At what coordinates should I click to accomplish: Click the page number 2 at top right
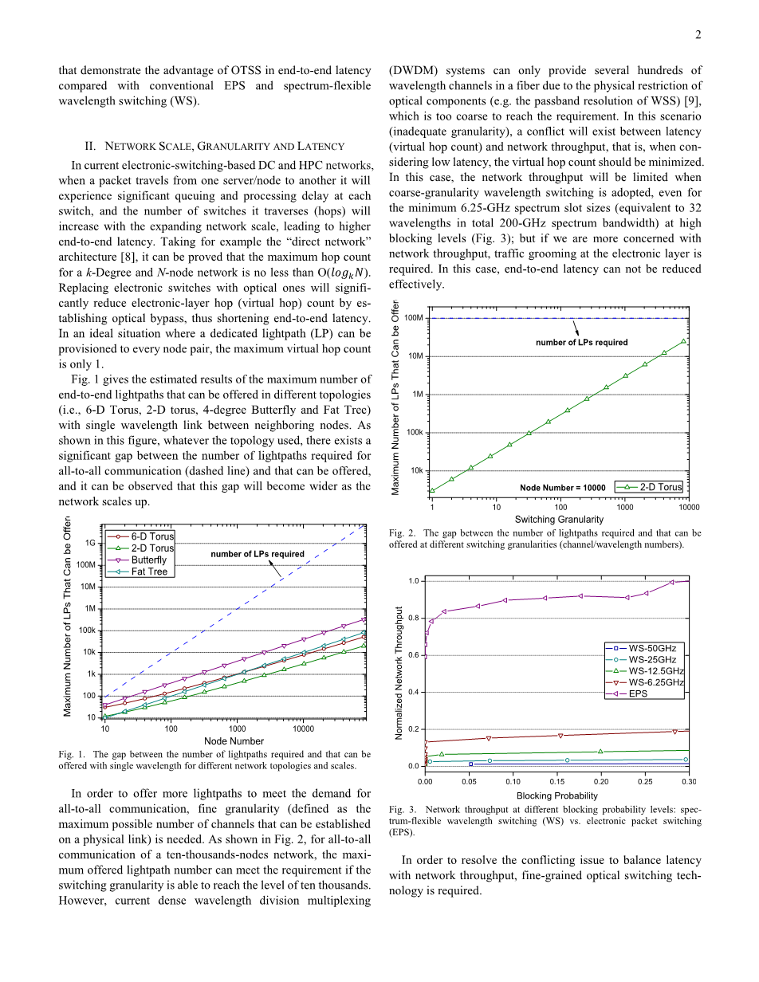point(698,34)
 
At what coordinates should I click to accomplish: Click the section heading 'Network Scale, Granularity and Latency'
point(214,146)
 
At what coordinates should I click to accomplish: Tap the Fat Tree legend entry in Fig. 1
point(149,572)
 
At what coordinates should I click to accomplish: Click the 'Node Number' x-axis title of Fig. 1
point(234,741)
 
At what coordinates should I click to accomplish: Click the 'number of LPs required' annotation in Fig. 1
point(257,554)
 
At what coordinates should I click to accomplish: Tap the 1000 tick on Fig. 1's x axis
point(237,729)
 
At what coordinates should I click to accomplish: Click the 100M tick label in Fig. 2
point(413,318)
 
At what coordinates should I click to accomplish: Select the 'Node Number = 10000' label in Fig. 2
point(562,487)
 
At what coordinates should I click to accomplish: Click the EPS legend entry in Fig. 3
point(638,693)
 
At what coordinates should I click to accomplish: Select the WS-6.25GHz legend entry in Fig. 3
point(655,682)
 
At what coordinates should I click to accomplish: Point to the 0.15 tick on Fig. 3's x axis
point(557,781)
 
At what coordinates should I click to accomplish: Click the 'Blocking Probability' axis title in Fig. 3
point(556,795)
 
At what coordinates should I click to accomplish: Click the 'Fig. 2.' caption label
point(402,533)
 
